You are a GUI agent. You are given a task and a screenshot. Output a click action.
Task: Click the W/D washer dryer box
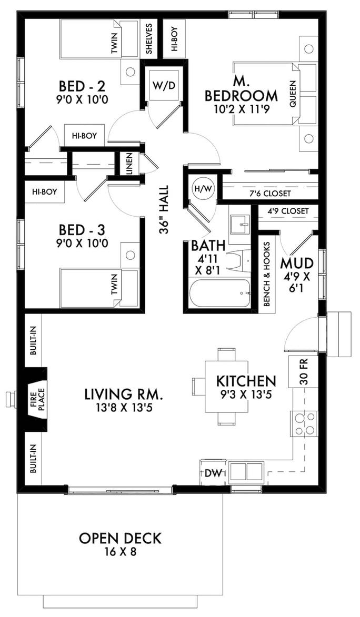pos(163,86)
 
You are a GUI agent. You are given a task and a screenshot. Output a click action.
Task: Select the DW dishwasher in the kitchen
pos(213,473)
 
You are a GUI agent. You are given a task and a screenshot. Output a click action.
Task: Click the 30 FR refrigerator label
pos(303,371)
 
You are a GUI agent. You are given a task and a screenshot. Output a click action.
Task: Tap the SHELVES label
pos(149,38)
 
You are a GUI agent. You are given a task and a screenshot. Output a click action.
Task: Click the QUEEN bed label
pos(293,94)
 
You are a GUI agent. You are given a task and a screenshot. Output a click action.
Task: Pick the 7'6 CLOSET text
pos(270,194)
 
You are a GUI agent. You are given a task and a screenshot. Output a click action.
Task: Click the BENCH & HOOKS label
pos(267,274)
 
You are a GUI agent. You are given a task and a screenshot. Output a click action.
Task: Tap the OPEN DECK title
pos(120,539)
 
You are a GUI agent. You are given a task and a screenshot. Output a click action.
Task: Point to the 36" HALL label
pos(164,209)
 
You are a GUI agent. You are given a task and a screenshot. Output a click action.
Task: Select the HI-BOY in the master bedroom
pos(174,38)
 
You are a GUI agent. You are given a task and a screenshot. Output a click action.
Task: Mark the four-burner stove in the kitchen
pos(304,424)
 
